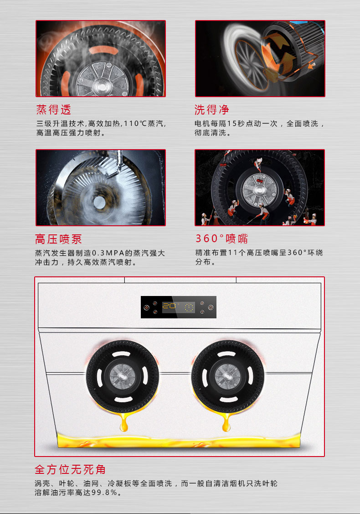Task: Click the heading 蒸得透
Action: point(54,109)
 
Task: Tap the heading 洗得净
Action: point(211,109)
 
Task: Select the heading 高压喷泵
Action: point(58,239)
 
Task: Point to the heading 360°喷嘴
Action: point(222,239)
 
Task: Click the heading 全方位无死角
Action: point(70,469)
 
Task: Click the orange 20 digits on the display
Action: point(169,306)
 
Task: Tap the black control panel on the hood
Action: point(179,307)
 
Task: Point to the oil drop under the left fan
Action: point(124,423)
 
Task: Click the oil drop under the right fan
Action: point(226,423)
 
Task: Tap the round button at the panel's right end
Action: point(211,307)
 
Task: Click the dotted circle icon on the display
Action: point(189,307)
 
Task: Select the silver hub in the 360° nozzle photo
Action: point(259,190)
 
